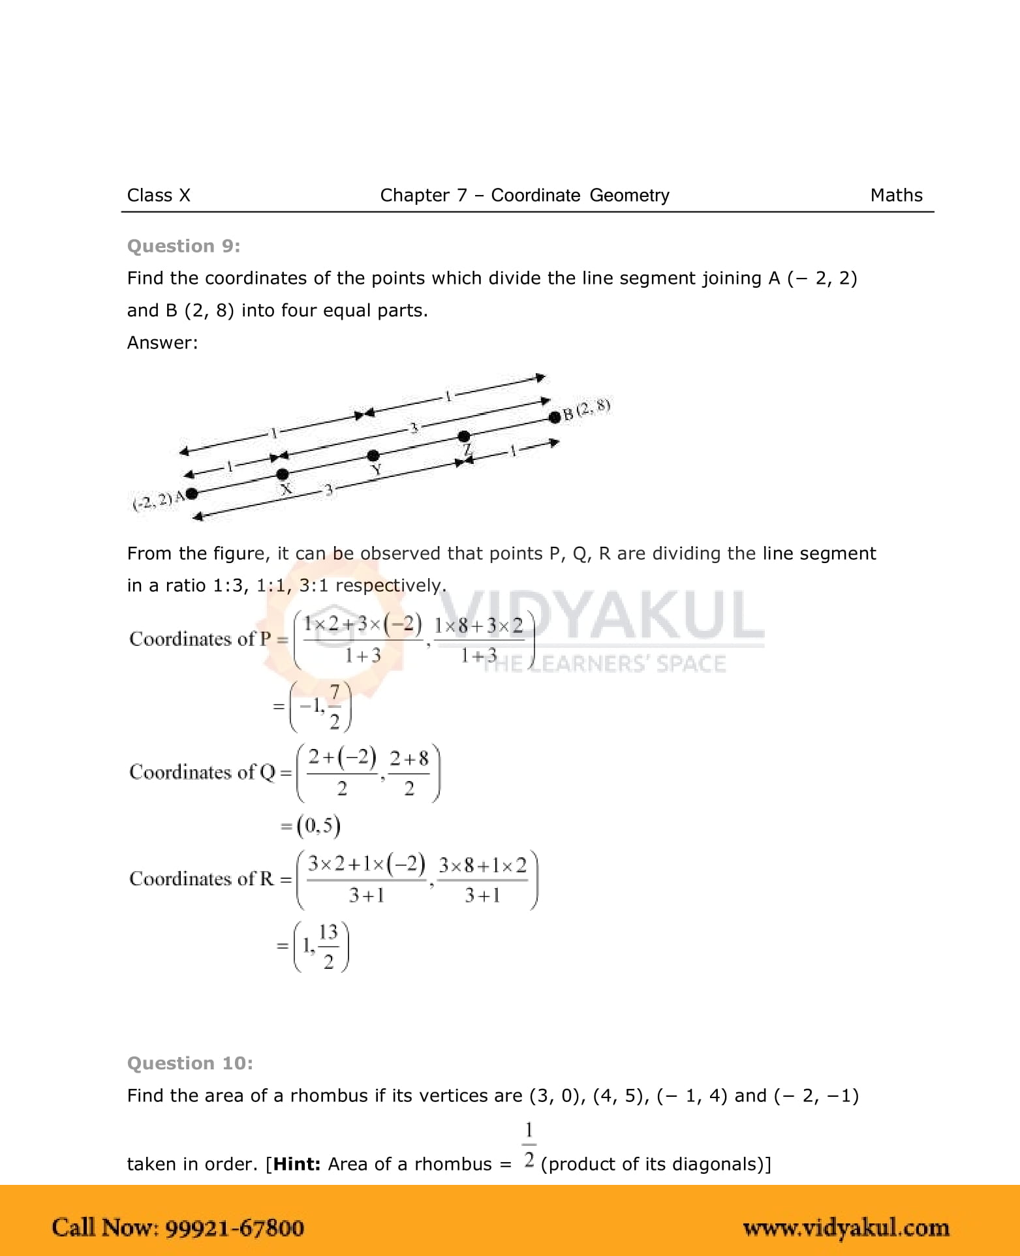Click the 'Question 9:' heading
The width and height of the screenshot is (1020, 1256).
click(x=183, y=246)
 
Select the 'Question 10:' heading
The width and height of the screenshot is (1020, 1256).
click(x=190, y=1063)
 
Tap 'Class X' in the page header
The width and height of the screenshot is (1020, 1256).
click(x=159, y=195)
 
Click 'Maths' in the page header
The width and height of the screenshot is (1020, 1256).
click(x=896, y=195)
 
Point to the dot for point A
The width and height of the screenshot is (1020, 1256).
click(x=192, y=493)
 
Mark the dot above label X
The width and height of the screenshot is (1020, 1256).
click(x=283, y=474)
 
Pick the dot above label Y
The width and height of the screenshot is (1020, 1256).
click(x=373, y=455)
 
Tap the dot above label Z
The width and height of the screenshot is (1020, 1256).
click(x=463, y=436)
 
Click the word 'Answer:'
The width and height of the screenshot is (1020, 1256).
click(x=162, y=343)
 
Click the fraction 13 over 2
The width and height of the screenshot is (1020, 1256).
click(x=328, y=945)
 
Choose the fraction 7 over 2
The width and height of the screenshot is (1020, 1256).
click(x=335, y=706)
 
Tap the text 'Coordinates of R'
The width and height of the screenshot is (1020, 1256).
click(x=202, y=879)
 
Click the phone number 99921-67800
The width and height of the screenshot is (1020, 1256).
click(x=235, y=1227)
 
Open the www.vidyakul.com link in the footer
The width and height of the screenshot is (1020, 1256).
click(x=846, y=1228)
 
